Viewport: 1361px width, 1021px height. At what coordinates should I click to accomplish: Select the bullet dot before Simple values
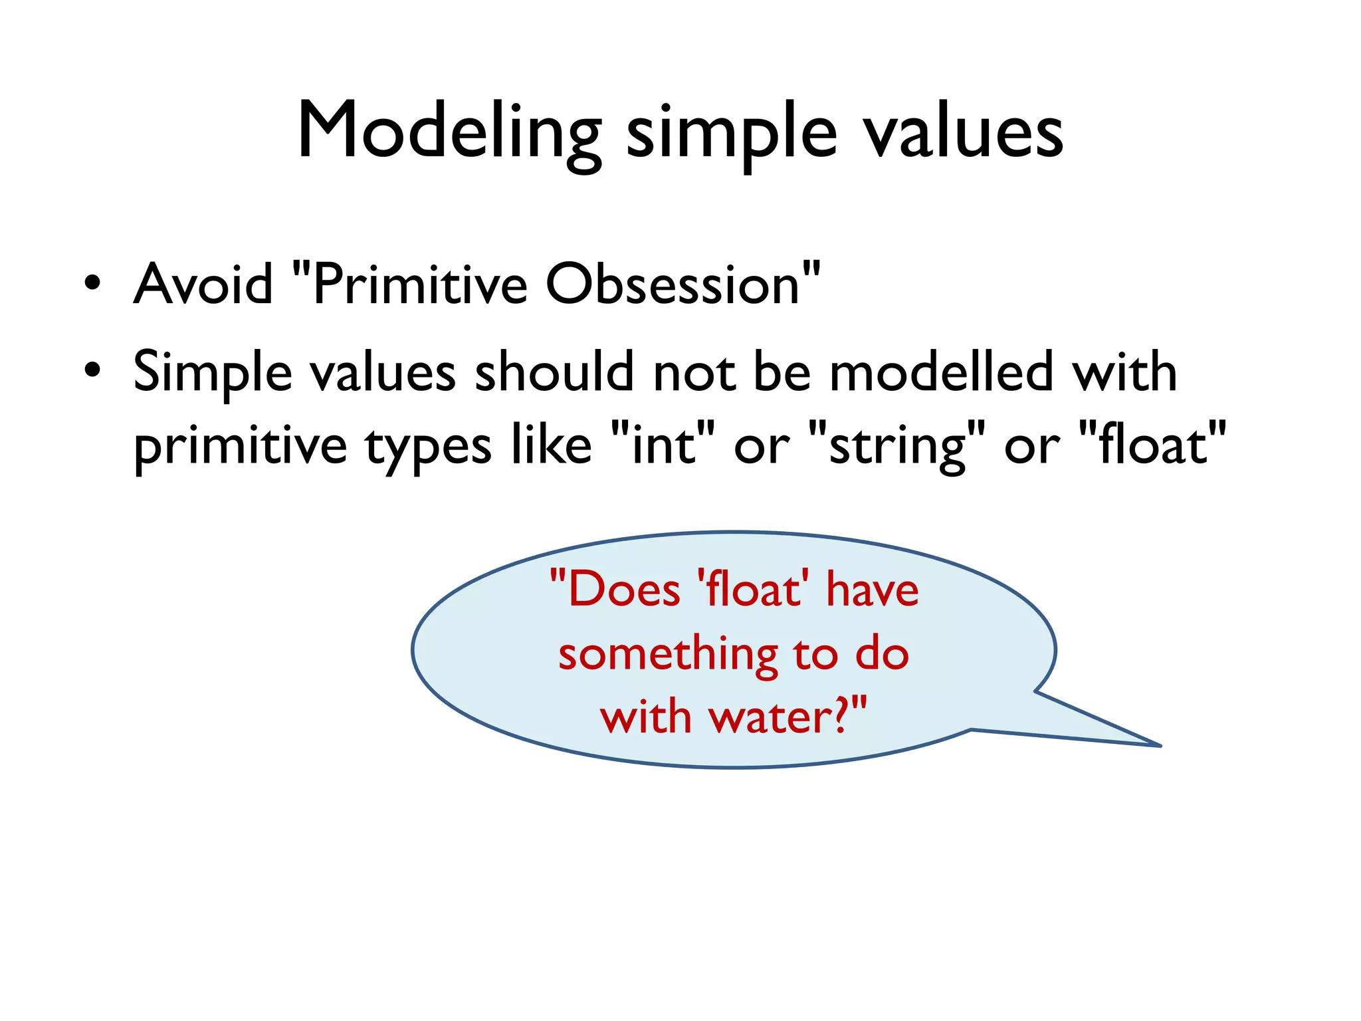[x=92, y=370]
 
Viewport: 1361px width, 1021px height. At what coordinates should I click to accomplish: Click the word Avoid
[x=203, y=284]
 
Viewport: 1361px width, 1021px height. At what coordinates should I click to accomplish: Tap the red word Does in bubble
[x=623, y=590]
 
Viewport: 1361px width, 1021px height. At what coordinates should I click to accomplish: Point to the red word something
[x=668, y=655]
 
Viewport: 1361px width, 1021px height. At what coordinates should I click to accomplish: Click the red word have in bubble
[x=873, y=590]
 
